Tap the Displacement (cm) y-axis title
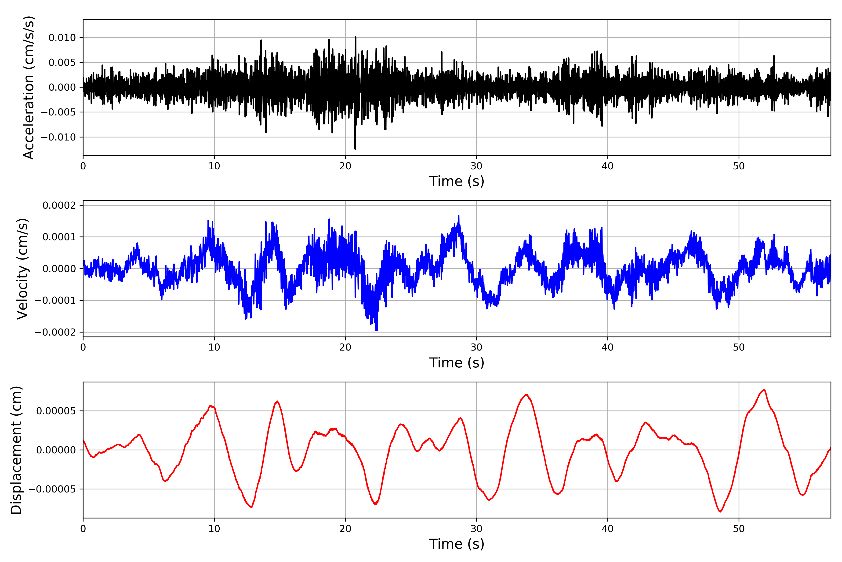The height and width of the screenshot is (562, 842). point(16,450)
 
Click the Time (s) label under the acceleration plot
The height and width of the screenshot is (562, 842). point(457,181)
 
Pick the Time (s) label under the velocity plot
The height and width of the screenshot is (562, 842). point(457,363)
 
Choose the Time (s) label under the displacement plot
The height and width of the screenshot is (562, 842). point(457,544)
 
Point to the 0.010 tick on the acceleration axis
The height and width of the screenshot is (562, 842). point(62,38)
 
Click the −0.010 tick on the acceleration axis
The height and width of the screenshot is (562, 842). point(58,137)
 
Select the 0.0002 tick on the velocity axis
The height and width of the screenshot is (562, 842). point(59,205)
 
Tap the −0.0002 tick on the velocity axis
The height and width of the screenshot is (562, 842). point(55,332)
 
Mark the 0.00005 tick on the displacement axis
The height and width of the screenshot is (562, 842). point(56,411)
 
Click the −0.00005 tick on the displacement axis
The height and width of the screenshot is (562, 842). point(52,489)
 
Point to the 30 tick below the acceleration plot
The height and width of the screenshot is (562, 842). point(476,166)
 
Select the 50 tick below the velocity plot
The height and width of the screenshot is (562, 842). point(739,347)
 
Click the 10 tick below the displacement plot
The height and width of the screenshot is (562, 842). point(214,529)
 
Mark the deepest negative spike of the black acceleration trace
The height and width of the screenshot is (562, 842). point(355,148)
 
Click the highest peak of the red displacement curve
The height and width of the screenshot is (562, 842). point(764,390)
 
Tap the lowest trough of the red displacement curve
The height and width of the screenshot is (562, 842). point(720,511)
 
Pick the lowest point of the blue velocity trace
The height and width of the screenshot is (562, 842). point(376,330)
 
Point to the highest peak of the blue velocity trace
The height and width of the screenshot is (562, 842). point(459,216)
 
